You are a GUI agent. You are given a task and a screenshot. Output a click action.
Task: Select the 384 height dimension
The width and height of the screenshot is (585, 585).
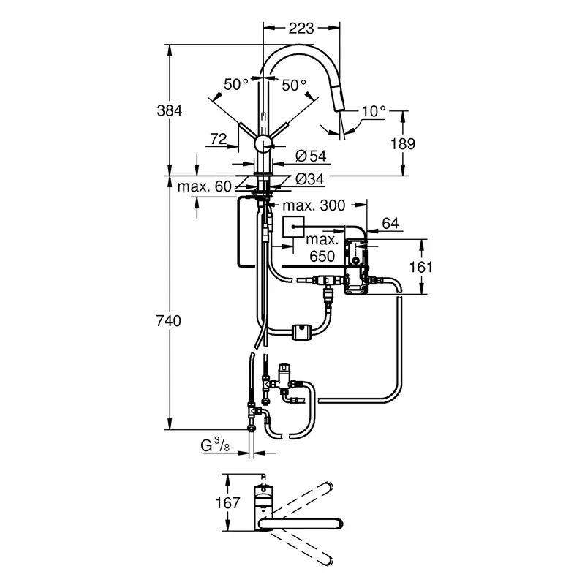[x=169, y=110]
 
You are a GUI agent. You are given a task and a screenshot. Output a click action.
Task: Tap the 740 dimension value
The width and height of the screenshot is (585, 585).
[x=169, y=320]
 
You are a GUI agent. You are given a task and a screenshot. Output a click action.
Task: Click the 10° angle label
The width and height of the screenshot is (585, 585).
[x=373, y=111]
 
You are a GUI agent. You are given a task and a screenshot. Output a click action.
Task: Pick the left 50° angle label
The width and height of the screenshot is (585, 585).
[x=236, y=85]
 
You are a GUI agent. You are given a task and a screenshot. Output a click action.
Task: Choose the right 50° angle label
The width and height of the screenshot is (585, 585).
[x=295, y=85]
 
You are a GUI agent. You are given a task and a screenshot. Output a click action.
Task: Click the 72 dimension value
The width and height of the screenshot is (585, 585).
[x=219, y=137]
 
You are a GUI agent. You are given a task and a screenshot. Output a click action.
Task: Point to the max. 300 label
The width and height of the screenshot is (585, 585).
[x=314, y=207]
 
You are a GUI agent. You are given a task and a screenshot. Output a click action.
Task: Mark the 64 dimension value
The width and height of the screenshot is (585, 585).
[x=390, y=224]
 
